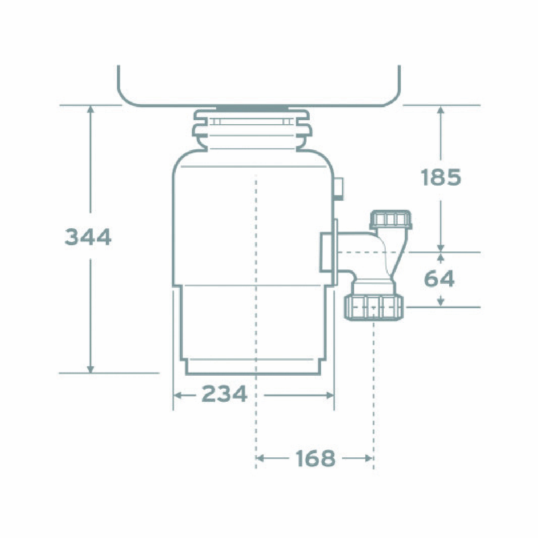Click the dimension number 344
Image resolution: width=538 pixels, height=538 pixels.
tap(88, 236)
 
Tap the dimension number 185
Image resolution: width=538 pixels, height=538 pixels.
tap(441, 177)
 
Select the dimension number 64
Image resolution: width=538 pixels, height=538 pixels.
tap(439, 278)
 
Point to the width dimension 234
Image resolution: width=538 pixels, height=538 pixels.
tap(225, 393)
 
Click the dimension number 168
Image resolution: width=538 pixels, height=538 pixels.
tap(315, 458)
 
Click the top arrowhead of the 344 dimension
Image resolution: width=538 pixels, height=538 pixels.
tap(90, 109)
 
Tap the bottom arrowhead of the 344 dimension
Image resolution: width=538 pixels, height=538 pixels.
tap(90, 369)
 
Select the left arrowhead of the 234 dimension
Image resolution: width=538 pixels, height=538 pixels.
tap(177, 395)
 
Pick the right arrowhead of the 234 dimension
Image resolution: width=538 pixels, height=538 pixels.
tap(330, 395)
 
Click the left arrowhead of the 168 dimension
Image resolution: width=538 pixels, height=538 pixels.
tap(260, 458)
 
